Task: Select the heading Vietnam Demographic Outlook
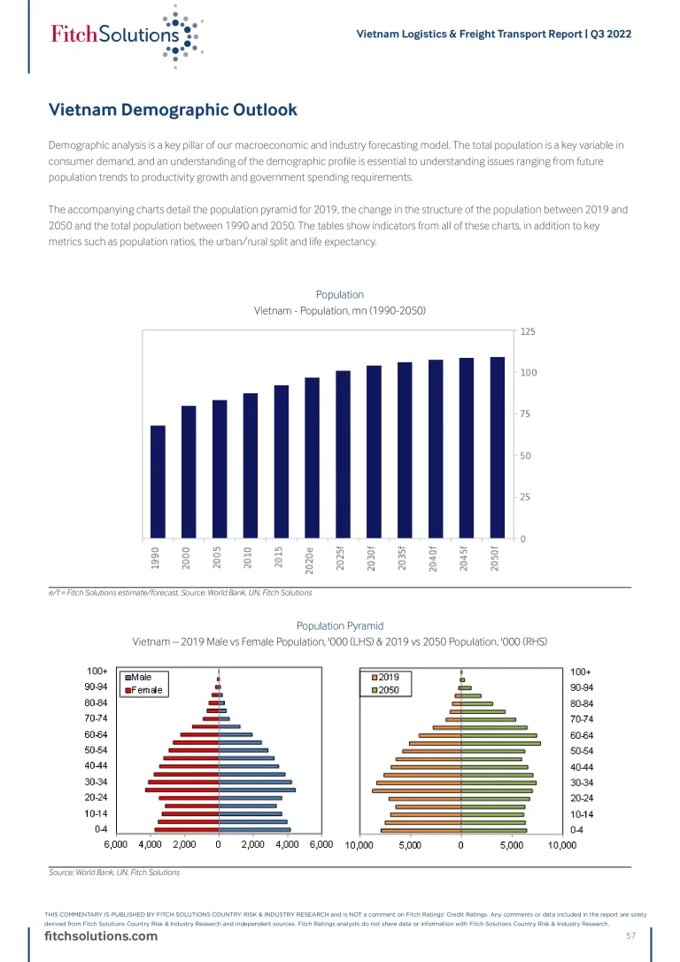pos(173,111)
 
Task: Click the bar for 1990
pos(158,482)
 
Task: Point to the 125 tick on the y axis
pos(528,331)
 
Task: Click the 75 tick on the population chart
pos(526,414)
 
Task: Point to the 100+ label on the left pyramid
pos(97,671)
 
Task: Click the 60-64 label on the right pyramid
pos(582,735)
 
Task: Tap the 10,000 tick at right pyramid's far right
pos(562,845)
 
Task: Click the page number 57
pos(631,937)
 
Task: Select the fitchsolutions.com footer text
pos(102,937)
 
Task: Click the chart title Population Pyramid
pos(340,625)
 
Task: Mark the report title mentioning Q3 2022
pos(493,35)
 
